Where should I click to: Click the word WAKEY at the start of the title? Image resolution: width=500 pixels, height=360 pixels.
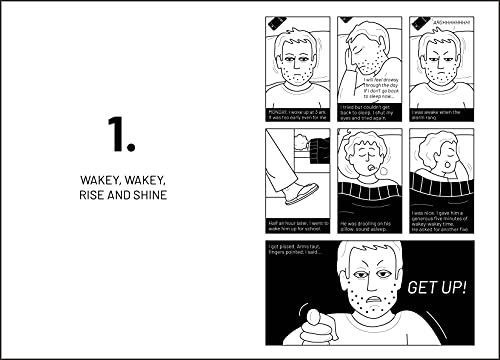[x=101, y=180]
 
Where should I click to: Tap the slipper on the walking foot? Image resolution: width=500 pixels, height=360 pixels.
[x=299, y=193]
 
